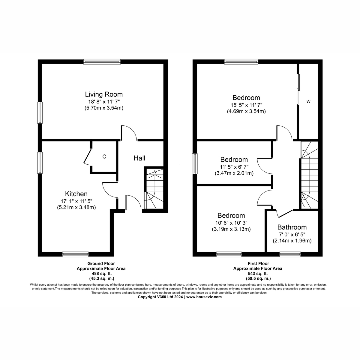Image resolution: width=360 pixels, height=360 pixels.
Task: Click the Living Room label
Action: click(x=104, y=94)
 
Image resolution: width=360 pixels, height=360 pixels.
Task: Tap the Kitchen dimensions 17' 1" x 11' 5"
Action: click(x=76, y=201)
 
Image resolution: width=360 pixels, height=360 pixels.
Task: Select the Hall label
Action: click(x=139, y=158)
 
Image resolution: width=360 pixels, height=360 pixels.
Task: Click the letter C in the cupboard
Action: click(x=104, y=157)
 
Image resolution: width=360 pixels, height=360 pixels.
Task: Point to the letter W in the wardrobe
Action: click(x=308, y=102)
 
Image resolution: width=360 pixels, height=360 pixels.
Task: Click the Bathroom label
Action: click(x=292, y=227)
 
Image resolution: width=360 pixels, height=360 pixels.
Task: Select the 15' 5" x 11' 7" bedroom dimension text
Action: click(x=246, y=105)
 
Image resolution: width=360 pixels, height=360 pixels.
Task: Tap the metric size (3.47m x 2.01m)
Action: click(x=234, y=173)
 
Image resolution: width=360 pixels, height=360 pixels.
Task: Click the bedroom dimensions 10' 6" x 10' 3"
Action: click(x=231, y=222)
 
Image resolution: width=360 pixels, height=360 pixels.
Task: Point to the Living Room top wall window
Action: click(x=102, y=62)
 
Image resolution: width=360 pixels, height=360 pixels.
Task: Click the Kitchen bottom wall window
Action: click(x=75, y=254)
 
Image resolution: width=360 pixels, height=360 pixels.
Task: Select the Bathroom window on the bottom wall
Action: click(x=290, y=254)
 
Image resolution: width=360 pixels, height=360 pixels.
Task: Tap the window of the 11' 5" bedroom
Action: click(x=195, y=163)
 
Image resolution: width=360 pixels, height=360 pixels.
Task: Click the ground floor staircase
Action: click(x=154, y=189)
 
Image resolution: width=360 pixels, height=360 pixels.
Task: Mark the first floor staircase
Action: click(x=309, y=175)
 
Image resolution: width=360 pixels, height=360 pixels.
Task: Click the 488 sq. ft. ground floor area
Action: click(x=101, y=274)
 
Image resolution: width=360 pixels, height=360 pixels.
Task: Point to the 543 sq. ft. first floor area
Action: click(x=258, y=274)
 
